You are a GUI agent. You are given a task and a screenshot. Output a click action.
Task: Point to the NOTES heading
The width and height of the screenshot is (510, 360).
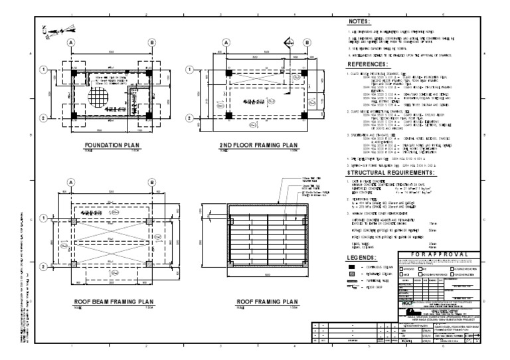pos(360,22)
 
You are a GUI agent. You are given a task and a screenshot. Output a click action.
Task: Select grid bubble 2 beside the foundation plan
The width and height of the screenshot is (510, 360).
pos(43,119)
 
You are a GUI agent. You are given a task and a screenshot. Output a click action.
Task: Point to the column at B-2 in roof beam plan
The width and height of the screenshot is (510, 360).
pos(151,267)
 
